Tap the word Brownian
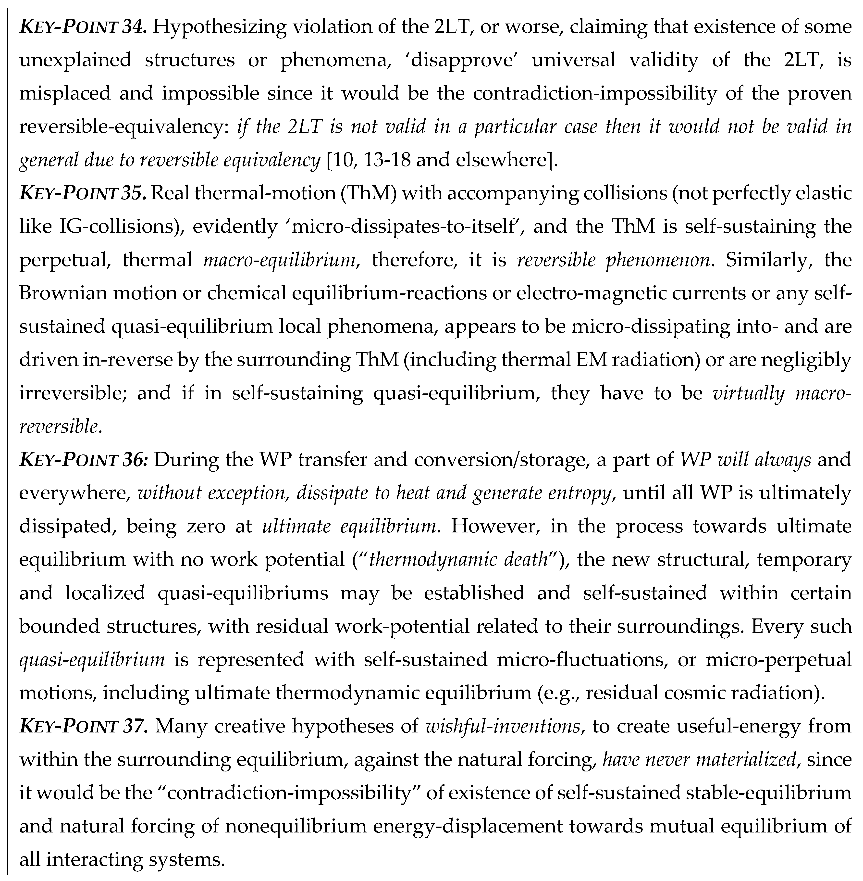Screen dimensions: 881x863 (62, 293)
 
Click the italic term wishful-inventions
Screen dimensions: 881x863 (503, 726)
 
